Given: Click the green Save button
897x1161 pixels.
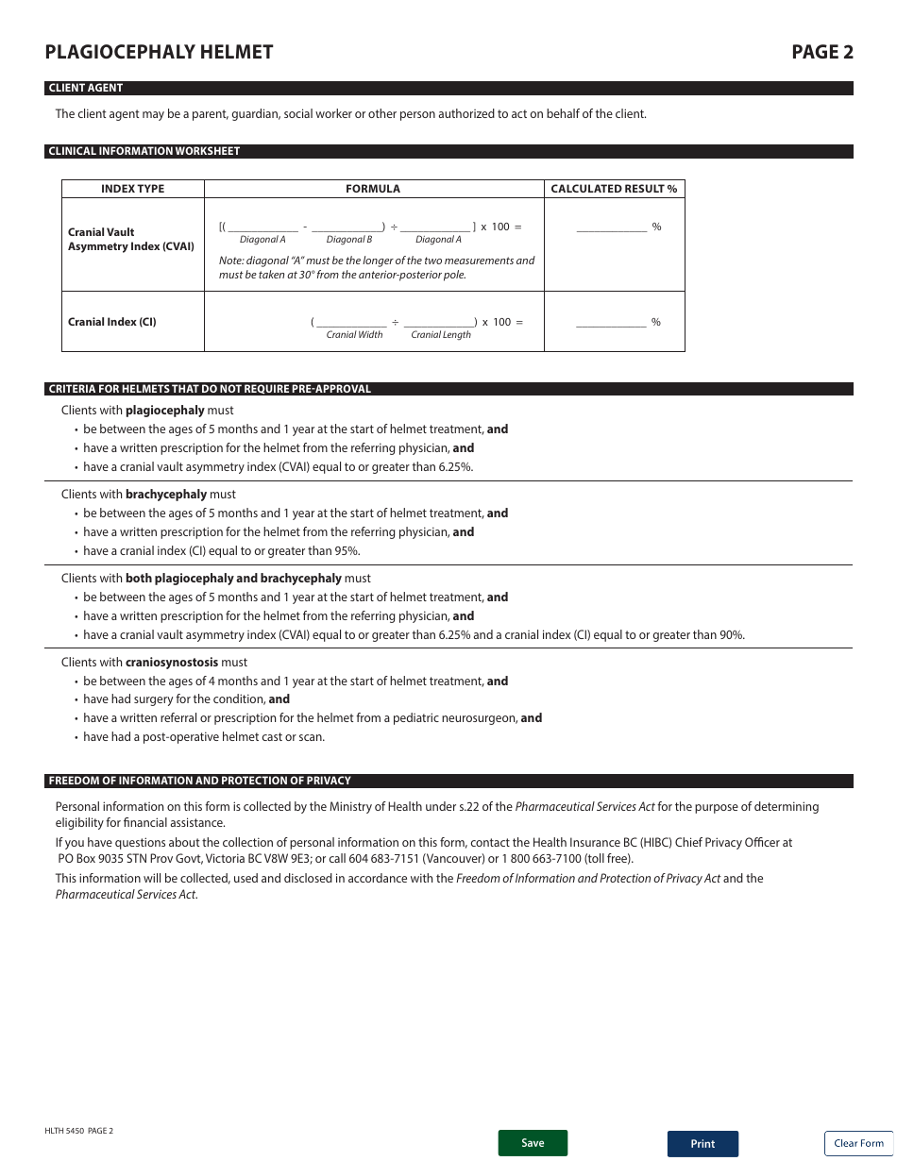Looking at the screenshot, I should point(533,1143).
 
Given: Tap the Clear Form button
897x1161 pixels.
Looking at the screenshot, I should point(858,1143).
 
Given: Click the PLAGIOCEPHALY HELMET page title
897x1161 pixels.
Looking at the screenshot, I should point(159,52).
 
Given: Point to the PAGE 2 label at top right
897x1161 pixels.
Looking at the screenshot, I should point(821,52).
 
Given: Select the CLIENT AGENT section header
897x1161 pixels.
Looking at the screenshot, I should point(86,88).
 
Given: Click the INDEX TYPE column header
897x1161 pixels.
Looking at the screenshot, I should point(132,189).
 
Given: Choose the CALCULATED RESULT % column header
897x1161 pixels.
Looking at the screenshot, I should point(614,189).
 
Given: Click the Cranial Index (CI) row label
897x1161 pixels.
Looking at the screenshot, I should point(112,322).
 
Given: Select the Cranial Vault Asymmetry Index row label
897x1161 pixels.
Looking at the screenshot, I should point(130,239).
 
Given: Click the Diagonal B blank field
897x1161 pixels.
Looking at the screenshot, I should point(347,227).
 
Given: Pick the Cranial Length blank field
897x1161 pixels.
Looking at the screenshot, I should point(439,322).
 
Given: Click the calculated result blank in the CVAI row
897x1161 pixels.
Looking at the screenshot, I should point(611,227).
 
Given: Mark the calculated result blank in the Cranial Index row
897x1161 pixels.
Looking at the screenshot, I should point(611,322).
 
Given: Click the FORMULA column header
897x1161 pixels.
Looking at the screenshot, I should point(373,189).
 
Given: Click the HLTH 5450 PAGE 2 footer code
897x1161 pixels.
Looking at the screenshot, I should point(78,1131).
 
